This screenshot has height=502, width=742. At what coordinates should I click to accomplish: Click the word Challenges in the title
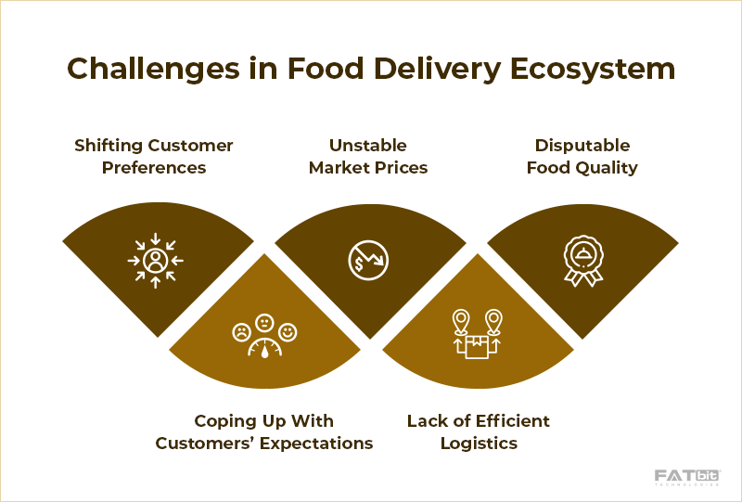tap(154, 70)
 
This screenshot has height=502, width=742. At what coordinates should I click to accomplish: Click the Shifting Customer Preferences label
tap(154, 156)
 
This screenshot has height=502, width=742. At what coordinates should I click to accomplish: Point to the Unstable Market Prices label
tap(368, 156)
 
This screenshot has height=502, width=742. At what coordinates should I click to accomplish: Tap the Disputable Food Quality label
tap(582, 156)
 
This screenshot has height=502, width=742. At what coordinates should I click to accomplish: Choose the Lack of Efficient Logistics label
tap(479, 431)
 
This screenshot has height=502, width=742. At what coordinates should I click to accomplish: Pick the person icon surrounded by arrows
tap(155, 261)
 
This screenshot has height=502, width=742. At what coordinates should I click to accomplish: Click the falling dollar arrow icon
tap(368, 260)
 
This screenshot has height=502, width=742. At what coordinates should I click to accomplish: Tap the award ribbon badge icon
tap(583, 261)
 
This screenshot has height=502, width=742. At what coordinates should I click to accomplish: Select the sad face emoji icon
tap(241, 332)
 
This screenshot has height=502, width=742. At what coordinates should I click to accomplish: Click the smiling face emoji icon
tap(288, 332)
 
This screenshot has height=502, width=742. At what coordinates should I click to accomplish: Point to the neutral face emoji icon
tap(264, 323)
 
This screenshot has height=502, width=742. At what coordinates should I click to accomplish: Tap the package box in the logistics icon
tap(477, 347)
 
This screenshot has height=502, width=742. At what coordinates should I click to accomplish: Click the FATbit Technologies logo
tap(687, 477)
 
